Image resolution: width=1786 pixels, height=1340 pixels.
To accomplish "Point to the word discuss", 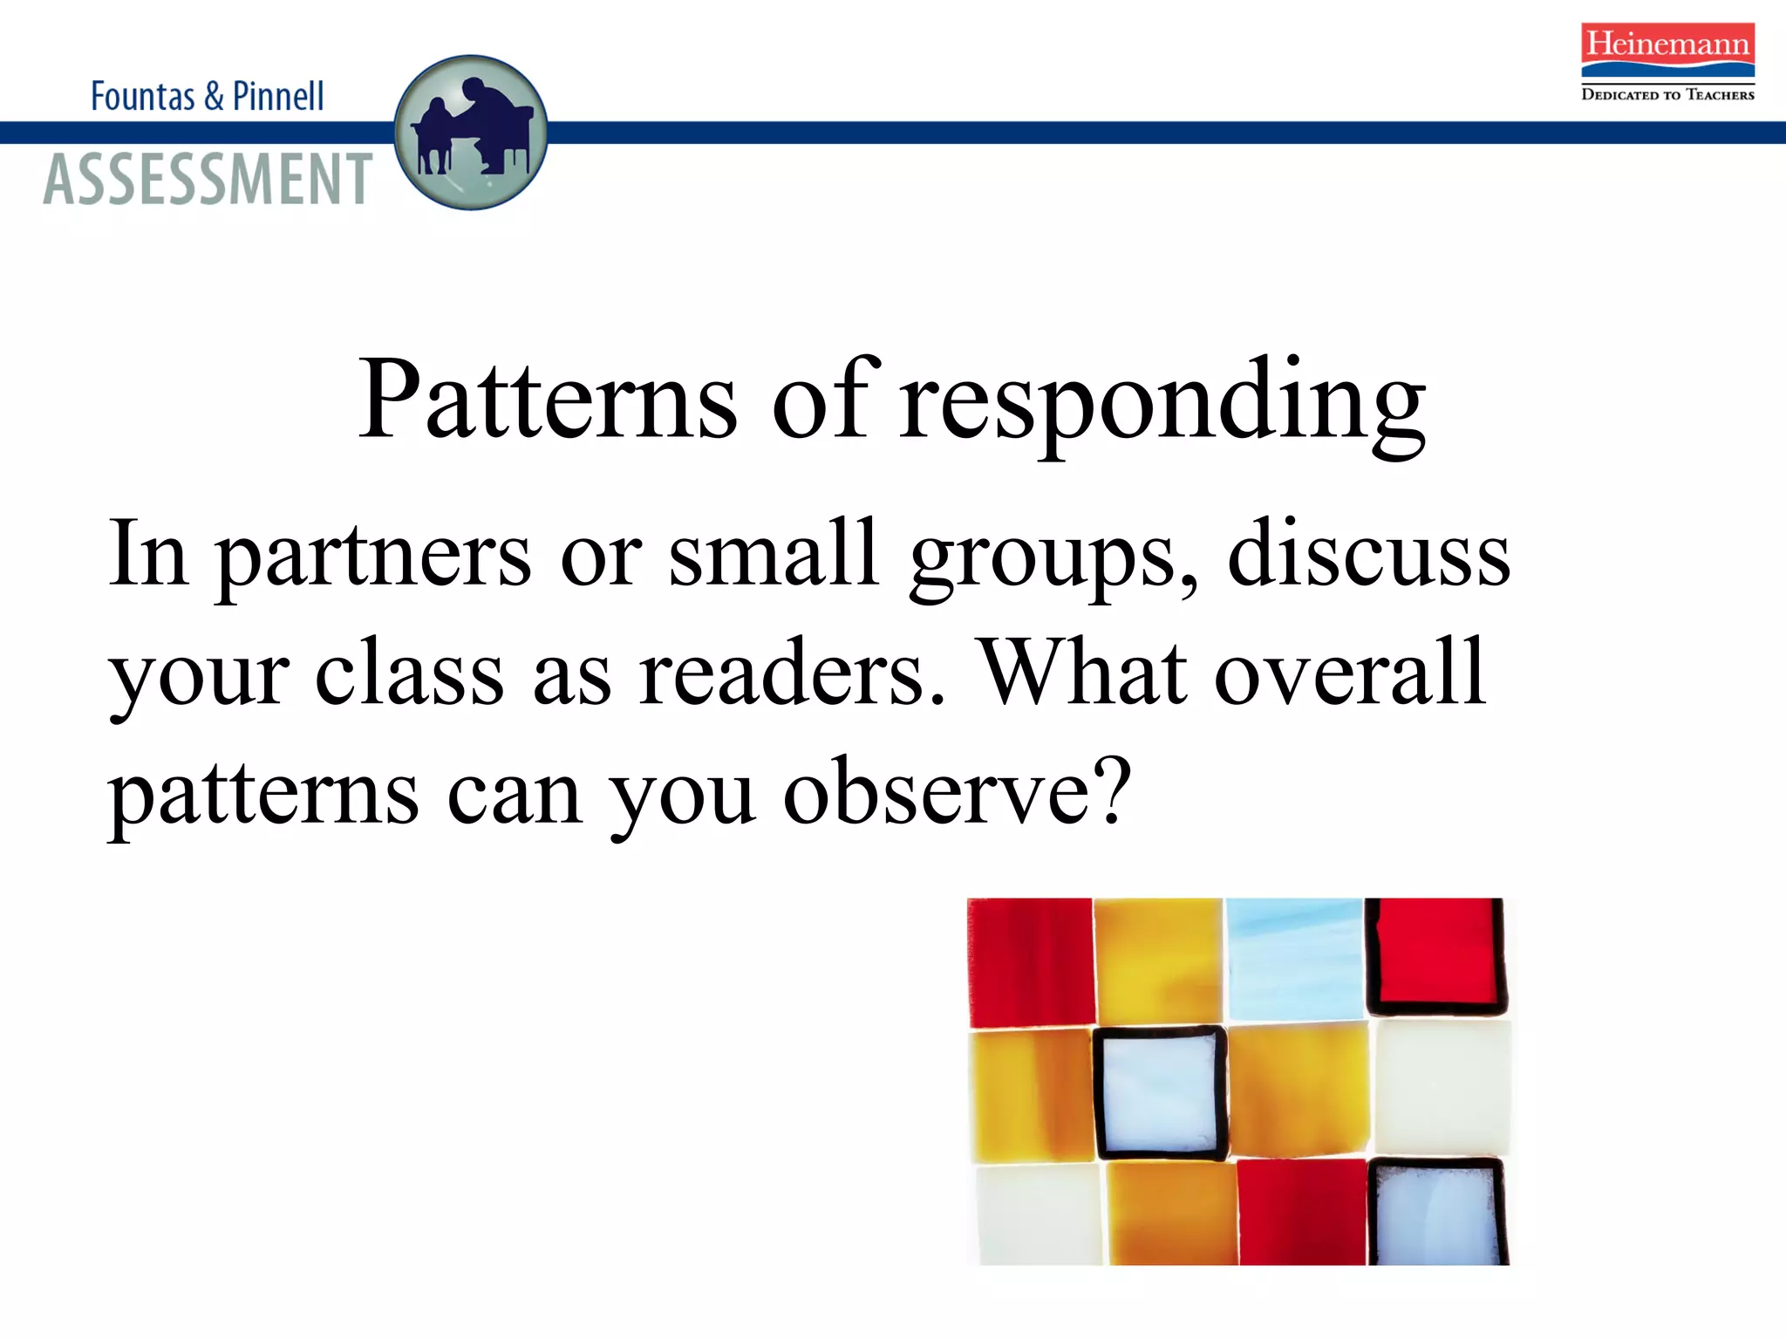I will (1368, 555).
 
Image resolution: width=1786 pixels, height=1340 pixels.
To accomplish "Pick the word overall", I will (1350, 673).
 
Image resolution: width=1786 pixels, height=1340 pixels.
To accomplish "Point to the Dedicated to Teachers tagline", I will (1667, 94).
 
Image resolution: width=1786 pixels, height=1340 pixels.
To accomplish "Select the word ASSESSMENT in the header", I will (208, 179).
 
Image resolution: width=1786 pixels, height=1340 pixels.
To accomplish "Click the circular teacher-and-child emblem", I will (471, 133).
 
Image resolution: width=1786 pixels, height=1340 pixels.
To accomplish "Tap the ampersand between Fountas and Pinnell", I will (214, 96).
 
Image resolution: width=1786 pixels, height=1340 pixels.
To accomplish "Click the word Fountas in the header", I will (143, 96).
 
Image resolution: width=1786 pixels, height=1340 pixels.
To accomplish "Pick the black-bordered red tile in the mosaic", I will (1435, 957).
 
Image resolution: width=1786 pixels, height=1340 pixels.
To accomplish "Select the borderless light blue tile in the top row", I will (1295, 959).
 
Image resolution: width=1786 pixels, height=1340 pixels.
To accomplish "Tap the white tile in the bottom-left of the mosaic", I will (1038, 1214).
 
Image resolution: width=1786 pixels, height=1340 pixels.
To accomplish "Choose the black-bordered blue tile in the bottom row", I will (1438, 1213).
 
